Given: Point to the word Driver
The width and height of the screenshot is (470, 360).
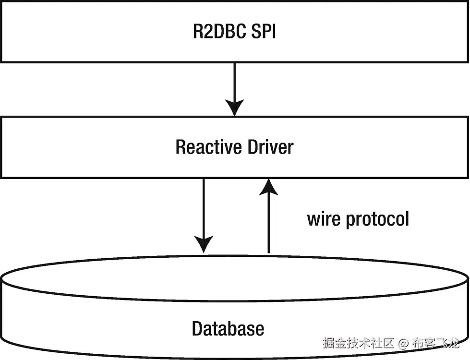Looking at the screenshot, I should click(270, 146).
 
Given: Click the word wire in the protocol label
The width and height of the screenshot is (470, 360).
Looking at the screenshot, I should click(324, 219).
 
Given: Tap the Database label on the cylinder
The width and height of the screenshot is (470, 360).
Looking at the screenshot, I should click(228, 329).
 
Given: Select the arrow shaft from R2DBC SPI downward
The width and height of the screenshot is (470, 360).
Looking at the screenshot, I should click(235, 82).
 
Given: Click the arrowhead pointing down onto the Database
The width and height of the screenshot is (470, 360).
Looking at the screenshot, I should click(204, 244).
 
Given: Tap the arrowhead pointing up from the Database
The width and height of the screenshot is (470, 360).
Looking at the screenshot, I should click(268, 187).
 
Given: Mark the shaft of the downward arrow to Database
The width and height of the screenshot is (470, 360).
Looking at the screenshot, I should click(204, 206).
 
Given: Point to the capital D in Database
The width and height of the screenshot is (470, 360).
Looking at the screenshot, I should click(197, 329).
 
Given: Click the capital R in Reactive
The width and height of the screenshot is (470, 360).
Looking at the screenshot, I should click(181, 146).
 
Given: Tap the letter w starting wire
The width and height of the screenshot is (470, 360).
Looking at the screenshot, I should click(314, 220).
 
